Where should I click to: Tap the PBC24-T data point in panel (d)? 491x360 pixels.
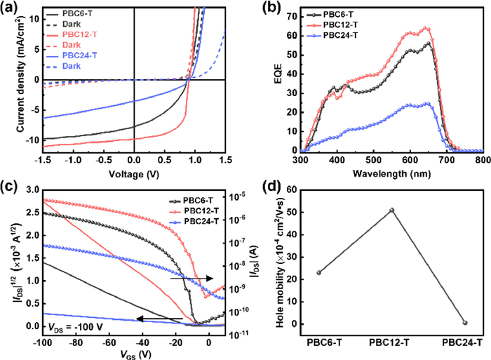pyautogui.click(x=464, y=323)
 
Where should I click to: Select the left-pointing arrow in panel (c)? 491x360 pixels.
pyautogui.click(x=158, y=319)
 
